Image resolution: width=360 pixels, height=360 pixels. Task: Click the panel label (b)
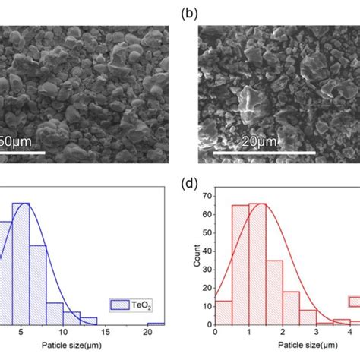pos(189,14)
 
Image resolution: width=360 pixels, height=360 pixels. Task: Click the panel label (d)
pos(189,184)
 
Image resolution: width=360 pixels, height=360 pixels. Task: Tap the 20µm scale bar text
pos(259,142)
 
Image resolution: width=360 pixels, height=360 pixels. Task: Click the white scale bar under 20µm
pos(264,153)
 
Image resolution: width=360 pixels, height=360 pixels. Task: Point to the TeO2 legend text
pos(141,305)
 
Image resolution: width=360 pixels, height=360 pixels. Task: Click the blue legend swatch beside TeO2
pos(120,305)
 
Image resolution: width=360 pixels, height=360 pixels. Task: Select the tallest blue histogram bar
pos(21,264)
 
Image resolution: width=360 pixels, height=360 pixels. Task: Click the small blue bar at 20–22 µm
pos(156,324)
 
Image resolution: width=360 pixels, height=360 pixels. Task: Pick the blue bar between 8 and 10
pos(55,314)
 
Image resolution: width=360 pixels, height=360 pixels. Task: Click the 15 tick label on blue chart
pos(106,332)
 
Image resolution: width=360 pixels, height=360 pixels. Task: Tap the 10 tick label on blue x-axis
pos(63,332)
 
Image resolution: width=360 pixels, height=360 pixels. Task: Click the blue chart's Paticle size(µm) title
pos(71,345)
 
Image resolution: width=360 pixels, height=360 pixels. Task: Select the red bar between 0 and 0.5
pos(223,313)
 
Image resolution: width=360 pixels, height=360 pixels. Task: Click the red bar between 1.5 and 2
pos(274,292)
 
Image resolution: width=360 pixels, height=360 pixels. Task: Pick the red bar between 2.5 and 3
pos(308,317)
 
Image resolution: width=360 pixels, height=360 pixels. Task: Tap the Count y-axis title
pos(197,256)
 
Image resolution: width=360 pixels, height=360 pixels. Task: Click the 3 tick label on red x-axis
pos(317,332)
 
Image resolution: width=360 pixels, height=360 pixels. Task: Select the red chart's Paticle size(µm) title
pos(308,345)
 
